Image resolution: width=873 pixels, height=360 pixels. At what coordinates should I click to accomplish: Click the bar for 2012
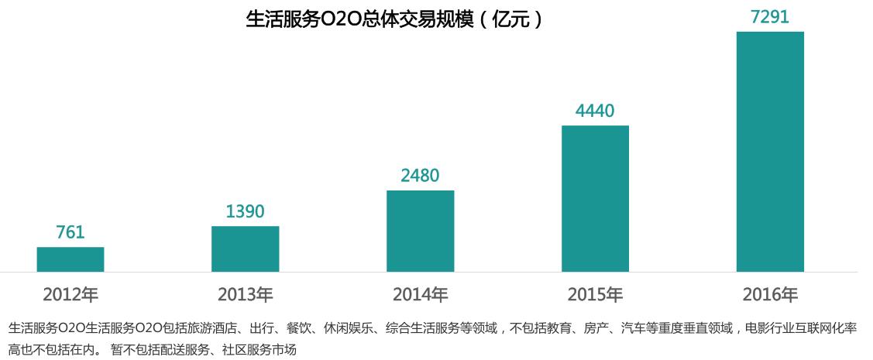(70, 259)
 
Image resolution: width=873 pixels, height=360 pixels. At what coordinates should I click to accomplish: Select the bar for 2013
(245, 249)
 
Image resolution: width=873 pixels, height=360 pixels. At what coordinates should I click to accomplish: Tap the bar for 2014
(420, 231)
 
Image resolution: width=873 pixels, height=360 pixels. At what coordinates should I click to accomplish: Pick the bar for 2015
(595, 198)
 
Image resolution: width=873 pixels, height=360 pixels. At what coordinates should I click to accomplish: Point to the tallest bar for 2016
(770, 152)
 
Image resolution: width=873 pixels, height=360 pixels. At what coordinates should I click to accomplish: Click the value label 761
(70, 232)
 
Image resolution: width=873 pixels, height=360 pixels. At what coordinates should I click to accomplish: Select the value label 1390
(245, 211)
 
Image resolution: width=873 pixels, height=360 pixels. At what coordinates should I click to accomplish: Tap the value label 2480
(420, 176)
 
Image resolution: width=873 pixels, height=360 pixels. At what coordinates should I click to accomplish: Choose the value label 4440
(595, 111)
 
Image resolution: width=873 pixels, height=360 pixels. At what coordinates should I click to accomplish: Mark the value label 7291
(770, 17)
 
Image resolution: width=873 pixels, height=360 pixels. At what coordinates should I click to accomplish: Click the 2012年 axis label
(70, 295)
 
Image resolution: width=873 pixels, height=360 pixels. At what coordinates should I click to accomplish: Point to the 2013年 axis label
(245, 295)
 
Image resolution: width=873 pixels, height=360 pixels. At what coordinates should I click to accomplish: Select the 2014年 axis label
(420, 295)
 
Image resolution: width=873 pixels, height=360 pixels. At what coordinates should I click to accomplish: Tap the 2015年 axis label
(595, 295)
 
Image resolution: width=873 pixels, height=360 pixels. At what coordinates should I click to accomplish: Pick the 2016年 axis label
(770, 295)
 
